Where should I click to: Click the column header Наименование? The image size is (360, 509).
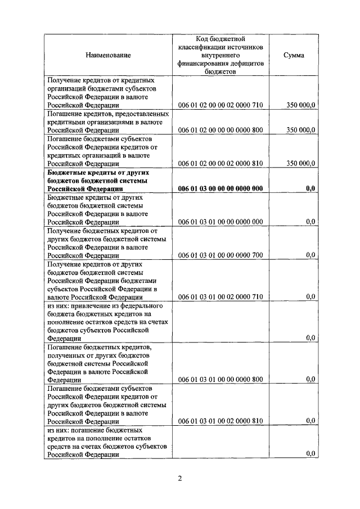coord(108,55)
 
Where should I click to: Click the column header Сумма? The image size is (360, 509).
coord(294,55)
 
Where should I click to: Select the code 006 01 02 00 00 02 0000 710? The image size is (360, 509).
coord(220,105)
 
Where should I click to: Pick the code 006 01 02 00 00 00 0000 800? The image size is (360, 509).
coord(220,130)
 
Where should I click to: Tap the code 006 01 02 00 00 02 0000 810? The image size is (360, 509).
coord(220,164)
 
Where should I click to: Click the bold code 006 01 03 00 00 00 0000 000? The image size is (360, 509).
coord(220,189)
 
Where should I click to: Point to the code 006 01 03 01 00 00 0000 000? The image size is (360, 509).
coord(220,222)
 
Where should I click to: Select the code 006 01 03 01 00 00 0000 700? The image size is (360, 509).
coord(220,255)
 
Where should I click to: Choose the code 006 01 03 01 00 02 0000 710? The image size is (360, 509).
coord(220,296)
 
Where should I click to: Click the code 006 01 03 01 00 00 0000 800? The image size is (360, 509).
coord(220,379)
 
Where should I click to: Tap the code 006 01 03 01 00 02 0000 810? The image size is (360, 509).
coord(220,421)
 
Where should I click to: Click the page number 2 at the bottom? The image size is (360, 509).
coord(179,479)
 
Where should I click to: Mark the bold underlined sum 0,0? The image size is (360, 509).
coord(310,189)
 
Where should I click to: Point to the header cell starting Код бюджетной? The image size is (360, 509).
coord(220,55)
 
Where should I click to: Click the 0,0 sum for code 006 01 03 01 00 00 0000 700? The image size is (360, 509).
coord(310,255)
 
